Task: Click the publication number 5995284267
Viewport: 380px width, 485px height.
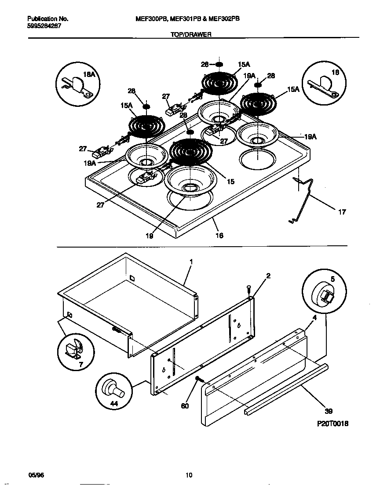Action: click(x=44, y=26)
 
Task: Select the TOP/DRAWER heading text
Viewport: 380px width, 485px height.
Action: click(x=191, y=34)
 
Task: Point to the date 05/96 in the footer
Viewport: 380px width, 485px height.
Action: click(x=34, y=474)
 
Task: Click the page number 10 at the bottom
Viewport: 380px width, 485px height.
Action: click(x=189, y=474)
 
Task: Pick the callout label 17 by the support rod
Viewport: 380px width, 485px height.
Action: click(x=342, y=212)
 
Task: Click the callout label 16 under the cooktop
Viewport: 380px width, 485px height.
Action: click(x=219, y=236)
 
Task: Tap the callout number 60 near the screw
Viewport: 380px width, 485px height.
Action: click(x=185, y=405)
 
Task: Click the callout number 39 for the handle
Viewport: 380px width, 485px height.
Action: click(x=329, y=411)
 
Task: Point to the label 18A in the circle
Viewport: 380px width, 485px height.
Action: click(x=89, y=75)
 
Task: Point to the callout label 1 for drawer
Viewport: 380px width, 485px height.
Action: click(x=191, y=262)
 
